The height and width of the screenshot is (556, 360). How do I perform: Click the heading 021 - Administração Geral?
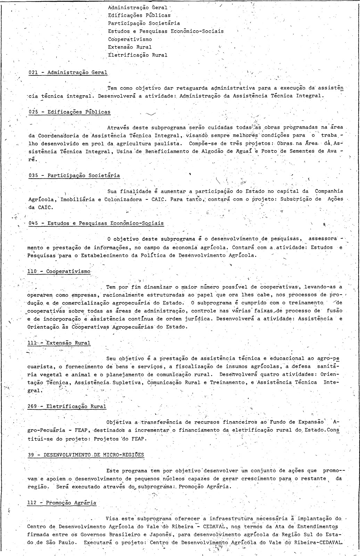(x=68, y=72)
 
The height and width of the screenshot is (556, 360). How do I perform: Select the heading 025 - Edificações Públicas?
(x=69, y=112)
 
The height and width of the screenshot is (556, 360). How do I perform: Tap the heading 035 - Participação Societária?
(x=74, y=175)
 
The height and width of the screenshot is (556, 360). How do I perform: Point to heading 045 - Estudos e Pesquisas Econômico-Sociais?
(x=96, y=223)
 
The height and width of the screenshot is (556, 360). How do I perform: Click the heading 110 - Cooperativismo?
(x=59, y=271)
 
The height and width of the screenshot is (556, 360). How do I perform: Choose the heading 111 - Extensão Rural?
(x=59, y=343)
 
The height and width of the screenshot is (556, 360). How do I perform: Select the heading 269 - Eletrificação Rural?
(x=66, y=406)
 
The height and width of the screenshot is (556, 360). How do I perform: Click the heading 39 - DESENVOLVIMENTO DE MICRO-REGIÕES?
(x=85, y=455)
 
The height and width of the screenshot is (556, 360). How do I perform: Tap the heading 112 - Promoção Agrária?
(x=62, y=503)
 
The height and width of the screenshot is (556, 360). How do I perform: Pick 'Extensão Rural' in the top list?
(x=130, y=47)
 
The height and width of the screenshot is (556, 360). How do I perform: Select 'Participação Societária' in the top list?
(x=144, y=23)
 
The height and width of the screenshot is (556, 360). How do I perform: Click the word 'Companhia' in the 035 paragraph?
(x=329, y=191)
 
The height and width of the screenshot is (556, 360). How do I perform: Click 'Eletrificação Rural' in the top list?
(x=138, y=55)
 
